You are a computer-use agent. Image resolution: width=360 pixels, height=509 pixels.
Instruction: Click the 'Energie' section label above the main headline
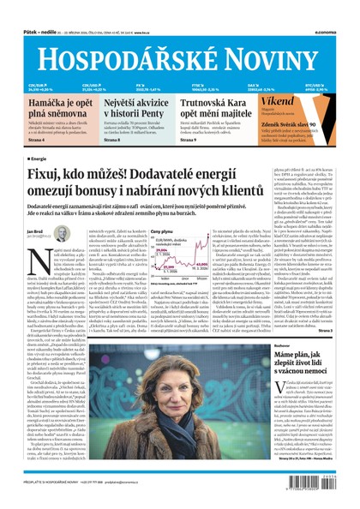pos(38,159)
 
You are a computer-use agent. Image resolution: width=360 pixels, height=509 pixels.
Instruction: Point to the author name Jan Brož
pos(37,231)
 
